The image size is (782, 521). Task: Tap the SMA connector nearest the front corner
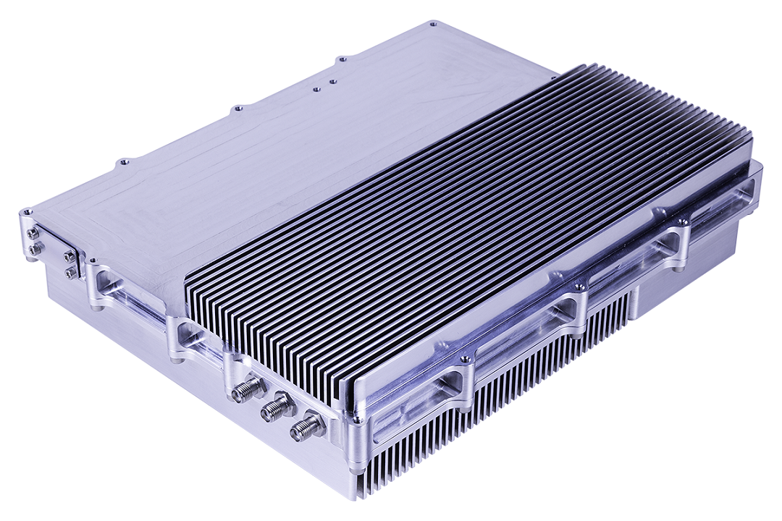point(306,427)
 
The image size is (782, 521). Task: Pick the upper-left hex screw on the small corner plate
point(33,234)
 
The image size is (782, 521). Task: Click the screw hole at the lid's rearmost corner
point(432,24)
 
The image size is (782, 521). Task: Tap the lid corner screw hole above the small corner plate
point(28,212)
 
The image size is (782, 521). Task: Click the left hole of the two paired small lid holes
point(316,90)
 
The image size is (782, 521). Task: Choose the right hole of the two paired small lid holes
point(333,81)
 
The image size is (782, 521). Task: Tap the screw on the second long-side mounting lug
point(579,288)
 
